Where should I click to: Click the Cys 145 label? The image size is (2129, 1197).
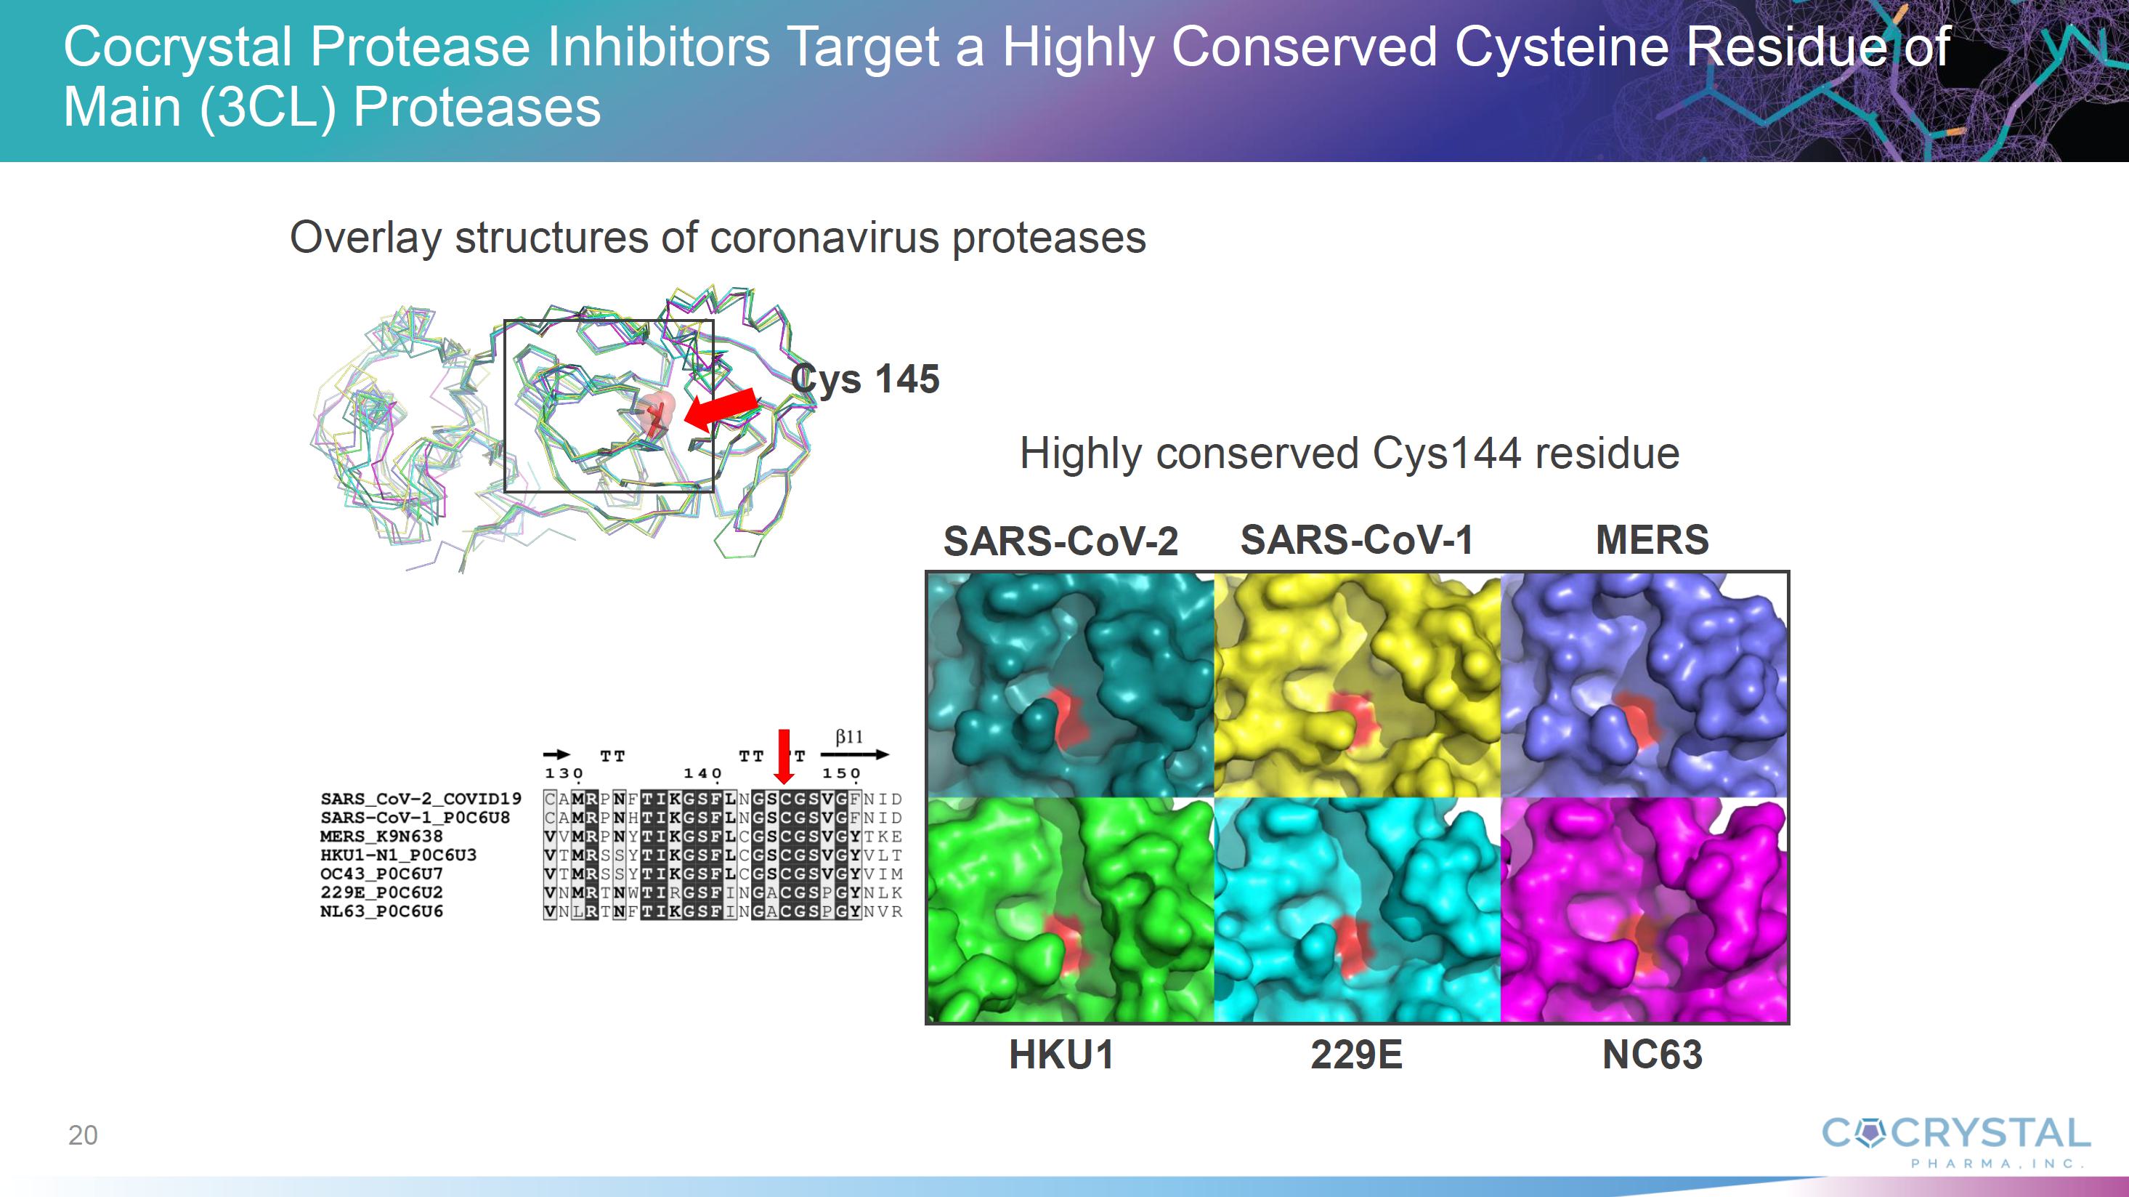point(864,379)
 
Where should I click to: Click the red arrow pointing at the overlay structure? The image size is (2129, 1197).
point(720,410)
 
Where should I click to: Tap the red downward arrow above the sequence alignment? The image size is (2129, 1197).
point(784,757)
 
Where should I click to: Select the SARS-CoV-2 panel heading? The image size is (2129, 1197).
point(1061,541)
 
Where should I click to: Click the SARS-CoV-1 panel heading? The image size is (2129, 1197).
point(1356,540)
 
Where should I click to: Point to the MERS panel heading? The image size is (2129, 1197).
point(1651,540)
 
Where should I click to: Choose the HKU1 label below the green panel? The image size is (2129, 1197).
point(1061,1055)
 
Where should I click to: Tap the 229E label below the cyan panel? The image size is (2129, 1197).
point(1356,1055)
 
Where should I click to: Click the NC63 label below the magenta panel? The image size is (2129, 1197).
point(1651,1055)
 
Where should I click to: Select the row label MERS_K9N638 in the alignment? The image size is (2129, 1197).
point(381,836)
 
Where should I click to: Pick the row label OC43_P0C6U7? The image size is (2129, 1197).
point(381,874)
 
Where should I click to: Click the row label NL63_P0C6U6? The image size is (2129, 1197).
point(381,911)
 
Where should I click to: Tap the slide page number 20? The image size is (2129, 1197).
point(83,1135)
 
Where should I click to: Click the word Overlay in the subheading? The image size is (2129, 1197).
point(365,238)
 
